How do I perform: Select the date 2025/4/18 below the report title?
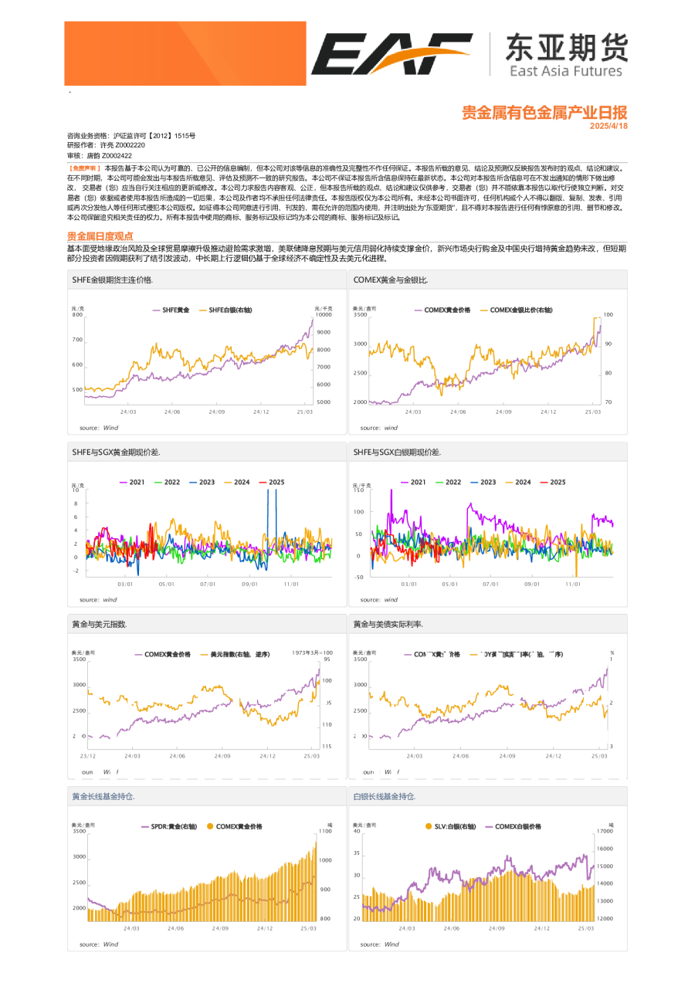click(x=609, y=126)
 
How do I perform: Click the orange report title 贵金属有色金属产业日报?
click(x=544, y=113)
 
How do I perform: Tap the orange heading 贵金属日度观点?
click(x=100, y=236)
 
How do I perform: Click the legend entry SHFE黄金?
click(x=171, y=309)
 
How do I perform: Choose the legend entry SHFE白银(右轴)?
click(x=236, y=309)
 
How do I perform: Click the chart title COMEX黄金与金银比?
click(x=390, y=280)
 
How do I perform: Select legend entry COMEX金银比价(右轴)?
click(x=525, y=309)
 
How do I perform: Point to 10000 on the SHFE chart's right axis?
click(x=324, y=315)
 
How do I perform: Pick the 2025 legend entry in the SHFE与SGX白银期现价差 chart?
click(x=553, y=482)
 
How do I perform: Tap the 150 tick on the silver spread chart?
click(x=358, y=490)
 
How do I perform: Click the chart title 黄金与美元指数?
click(x=99, y=623)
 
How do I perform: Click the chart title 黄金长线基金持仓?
click(x=103, y=796)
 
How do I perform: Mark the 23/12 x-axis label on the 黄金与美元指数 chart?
click(x=88, y=756)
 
